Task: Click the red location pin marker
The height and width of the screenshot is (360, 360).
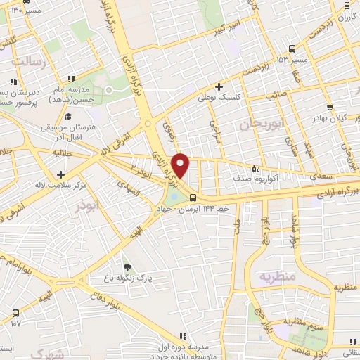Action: coord(181,165)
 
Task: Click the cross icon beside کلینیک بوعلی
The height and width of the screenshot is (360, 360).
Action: coord(219,87)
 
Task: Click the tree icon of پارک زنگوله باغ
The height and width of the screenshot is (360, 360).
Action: coord(127,266)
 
